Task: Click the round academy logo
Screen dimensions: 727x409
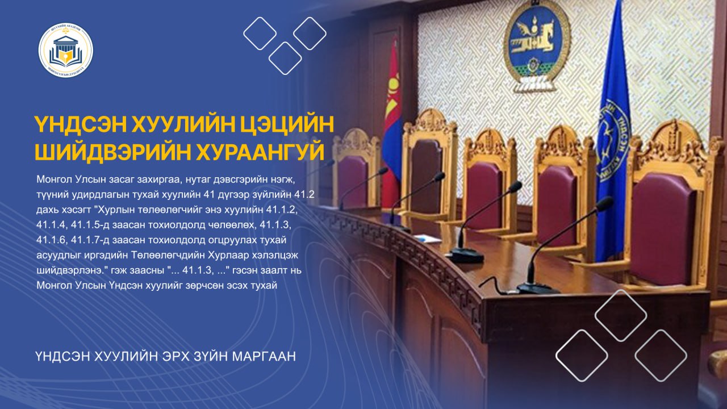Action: coord(66,50)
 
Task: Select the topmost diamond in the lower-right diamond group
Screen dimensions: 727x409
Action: coord(620,315)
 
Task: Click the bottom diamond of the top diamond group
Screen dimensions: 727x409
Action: coord(285,59)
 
